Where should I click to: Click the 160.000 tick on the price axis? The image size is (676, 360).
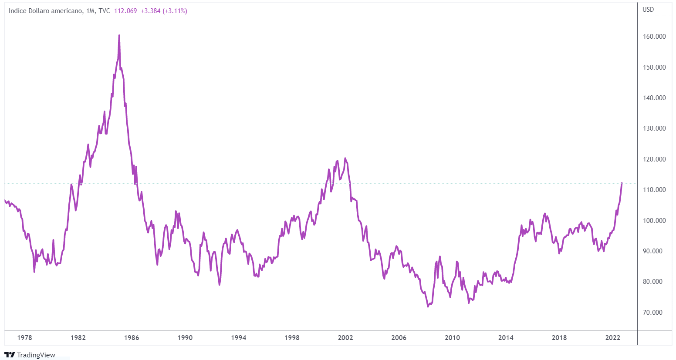click(x=654, y=37)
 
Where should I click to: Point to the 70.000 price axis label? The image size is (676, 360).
click(x=652, y=313)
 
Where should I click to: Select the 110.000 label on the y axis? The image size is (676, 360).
click(x=654, y=190)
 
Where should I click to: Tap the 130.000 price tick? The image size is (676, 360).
click(x=654, y=128)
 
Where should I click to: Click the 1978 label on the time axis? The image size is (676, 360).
click(x=24, y=338)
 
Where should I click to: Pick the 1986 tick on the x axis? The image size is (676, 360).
click(x=132, y=338)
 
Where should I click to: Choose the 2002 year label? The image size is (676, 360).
click(x=345, y=338)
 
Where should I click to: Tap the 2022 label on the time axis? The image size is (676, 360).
click(x=613, y=338)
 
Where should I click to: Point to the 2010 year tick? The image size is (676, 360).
click(x=452, y=338)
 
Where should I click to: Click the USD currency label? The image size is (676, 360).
click(x=648, y=10)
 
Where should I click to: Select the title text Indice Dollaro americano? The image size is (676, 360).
click(x=45, y=11)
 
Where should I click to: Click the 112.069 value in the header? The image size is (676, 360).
click(x=125, y=11)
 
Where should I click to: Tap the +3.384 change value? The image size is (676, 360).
click(x=151, y=11)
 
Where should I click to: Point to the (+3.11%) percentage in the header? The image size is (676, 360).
click(x=175, y=11)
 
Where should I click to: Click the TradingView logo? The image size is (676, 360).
click(x=30, y=355)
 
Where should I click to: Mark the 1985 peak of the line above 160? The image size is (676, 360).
click(x=119, y=36)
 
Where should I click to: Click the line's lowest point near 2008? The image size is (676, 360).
click(x=428, y=306)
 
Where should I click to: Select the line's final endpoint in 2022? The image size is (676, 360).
click(x=622, y=183)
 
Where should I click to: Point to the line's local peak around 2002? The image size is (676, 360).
click(x=345, y=158)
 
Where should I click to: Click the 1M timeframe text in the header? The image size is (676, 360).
click(x=91, y=11)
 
